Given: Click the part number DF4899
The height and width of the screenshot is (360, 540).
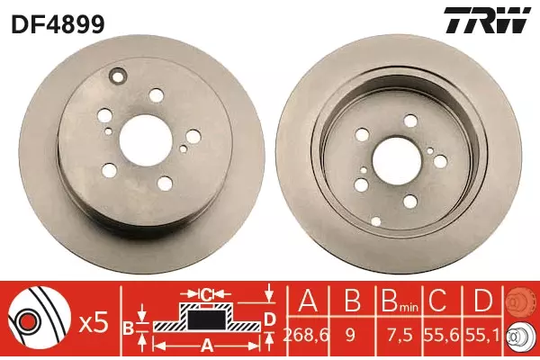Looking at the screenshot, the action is pyautogui.click(x=58, y=23).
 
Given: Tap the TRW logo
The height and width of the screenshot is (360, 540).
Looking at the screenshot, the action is pyautogui.click(x=486, y=21).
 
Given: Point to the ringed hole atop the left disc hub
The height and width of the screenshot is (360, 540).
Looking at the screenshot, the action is pyautogui.click(x=118, y=76).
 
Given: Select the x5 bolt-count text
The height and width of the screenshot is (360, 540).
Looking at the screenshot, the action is pyautogui.click(x=94, y=323).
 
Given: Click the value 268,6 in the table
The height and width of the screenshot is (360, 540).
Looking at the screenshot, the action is pyautogui.click(x=307, y=334).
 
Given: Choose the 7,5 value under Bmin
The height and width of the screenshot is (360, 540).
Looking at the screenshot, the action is pyautogui.click(x=400, y=334).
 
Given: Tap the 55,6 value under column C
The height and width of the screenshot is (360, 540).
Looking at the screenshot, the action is pyautogui.click(x=443, y=334).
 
